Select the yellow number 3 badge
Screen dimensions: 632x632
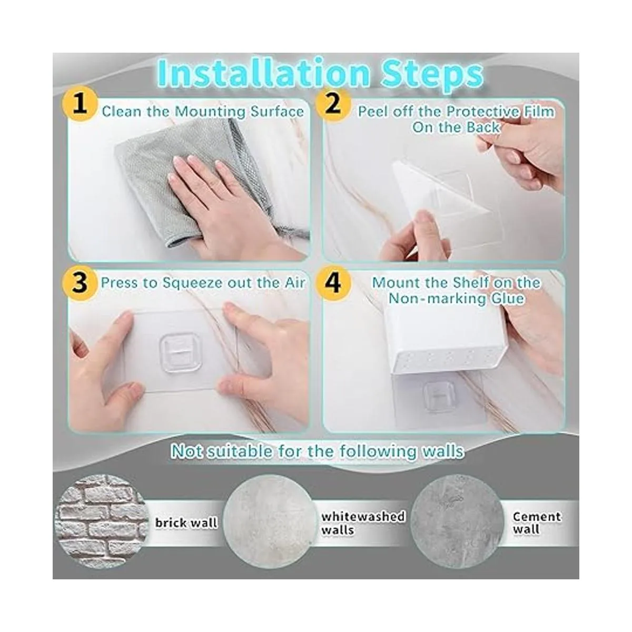click(x=81, y=283)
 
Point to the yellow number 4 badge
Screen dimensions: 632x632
click(x=332, y=283)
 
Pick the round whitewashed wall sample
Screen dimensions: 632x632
click(x=270, y=523)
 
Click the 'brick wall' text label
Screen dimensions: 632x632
click(x=186, y=523)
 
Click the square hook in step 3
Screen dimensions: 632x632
click(x=181, y=353)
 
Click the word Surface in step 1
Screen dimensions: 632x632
click(x=277, y=112)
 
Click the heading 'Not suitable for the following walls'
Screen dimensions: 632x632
click(x=317, y=451)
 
